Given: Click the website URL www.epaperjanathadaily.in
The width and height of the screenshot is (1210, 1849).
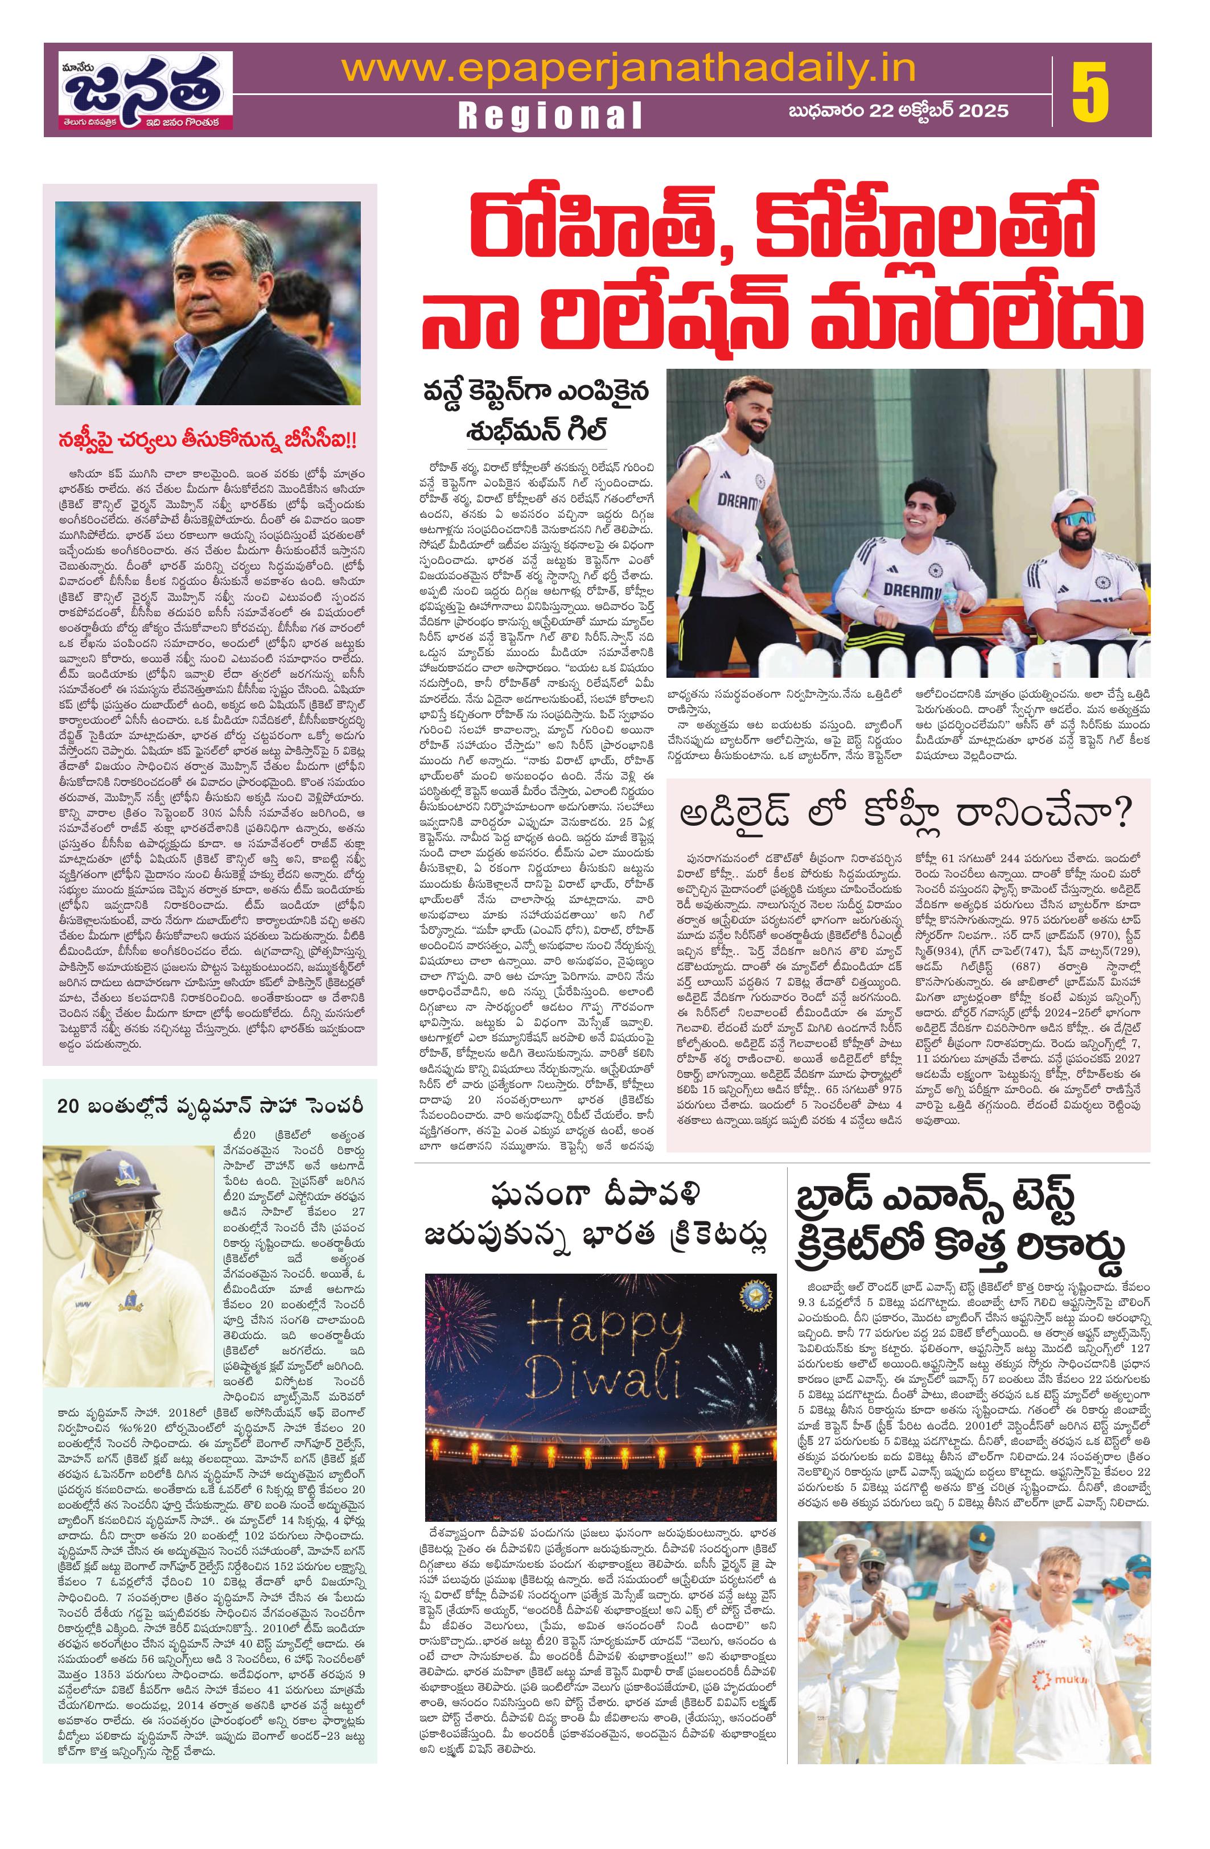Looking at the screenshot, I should [628, 70].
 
